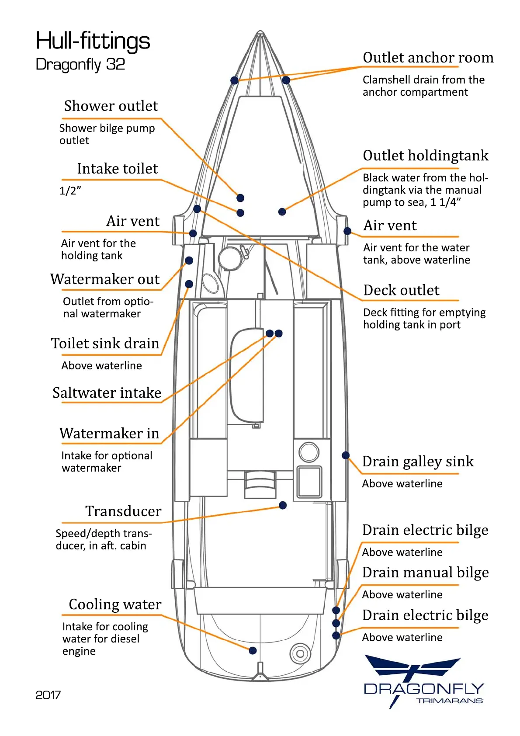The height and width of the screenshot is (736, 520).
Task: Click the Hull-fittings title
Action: click(93, 41)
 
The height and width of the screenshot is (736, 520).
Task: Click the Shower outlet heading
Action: click(111, 106)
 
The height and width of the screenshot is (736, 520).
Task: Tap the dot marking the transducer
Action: click(283, 505)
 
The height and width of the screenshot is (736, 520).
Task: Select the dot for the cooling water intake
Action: click(253, 650)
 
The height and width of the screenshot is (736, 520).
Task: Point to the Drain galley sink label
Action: click(418, 462)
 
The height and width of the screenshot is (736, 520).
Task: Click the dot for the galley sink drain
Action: click(346, 455)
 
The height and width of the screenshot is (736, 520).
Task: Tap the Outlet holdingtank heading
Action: click(426, 156)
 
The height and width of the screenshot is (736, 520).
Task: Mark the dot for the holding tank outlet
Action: click(282, 212)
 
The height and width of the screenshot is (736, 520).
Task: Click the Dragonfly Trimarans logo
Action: click(423, 682)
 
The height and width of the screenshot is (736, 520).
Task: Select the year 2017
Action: click(48, 695)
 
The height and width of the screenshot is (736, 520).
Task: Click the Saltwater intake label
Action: click(107, 393)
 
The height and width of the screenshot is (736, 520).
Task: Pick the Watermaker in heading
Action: click(109, 433)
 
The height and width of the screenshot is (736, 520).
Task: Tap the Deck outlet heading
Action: click(401, 290)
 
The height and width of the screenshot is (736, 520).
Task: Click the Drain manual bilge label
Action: click(425, 573)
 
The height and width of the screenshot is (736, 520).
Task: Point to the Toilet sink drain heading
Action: click(105, 344)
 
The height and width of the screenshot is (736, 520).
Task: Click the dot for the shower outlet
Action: click(240, 198)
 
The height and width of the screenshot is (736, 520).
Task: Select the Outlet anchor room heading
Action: click(428, 58)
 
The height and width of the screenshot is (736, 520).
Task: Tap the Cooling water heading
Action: click(115, 604)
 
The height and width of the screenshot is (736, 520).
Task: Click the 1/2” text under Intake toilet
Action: click(70, 191)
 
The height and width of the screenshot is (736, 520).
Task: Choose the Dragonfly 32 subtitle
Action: click(80, 65)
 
